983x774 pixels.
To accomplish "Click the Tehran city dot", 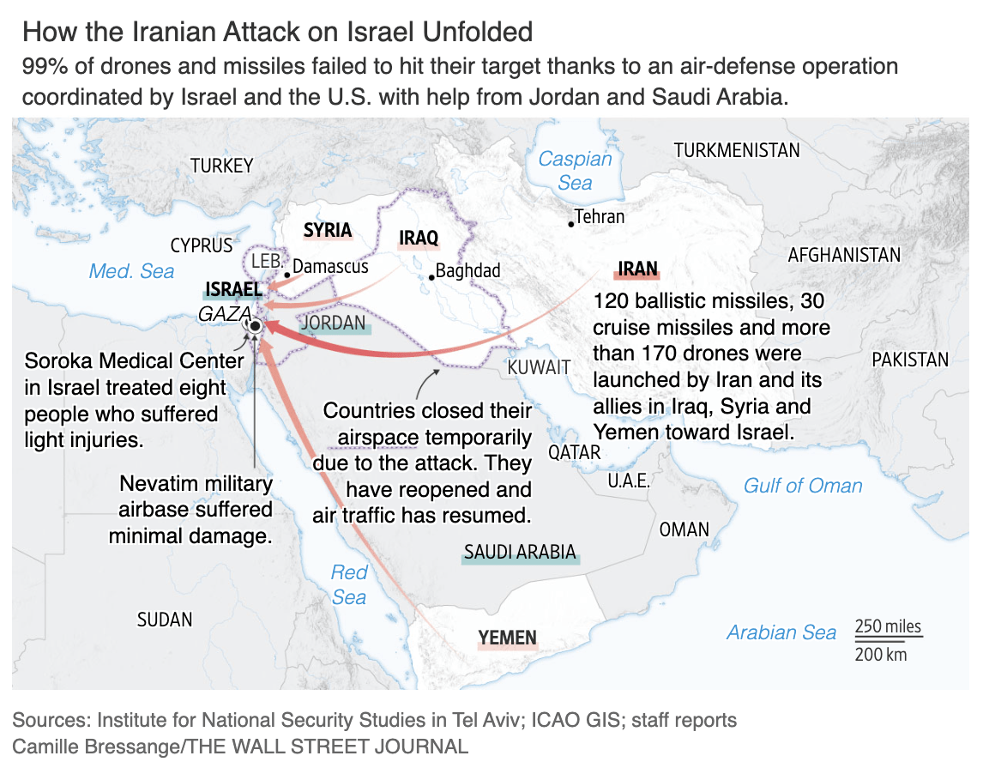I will pos(570,224).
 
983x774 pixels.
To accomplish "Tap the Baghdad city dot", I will pos(431,276).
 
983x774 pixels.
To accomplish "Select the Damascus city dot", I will pos(286,275).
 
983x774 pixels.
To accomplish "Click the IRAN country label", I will pos(637,269).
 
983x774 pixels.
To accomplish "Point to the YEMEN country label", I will pos(508,638).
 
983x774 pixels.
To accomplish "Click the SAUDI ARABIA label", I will pos(520,552).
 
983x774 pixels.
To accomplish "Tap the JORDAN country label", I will pos(335,323).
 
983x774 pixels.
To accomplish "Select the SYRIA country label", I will pos(328,230).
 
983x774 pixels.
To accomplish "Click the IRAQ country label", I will pos(419,238).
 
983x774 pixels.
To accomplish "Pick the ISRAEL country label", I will pos(233,290).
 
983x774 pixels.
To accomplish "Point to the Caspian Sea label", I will pos(575,170).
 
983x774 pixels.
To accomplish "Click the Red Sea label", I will pos(349,584).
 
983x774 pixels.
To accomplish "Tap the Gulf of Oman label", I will pos(803,486).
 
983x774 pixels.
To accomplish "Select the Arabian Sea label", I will pos(781,632).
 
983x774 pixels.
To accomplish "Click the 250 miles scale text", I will pos(888,626).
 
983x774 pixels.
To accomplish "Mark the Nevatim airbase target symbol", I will pos(255,327).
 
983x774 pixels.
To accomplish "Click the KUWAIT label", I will pos(539,367).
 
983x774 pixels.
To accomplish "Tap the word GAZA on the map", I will pos(224,313).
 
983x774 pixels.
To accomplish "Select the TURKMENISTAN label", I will pos(737,150).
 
